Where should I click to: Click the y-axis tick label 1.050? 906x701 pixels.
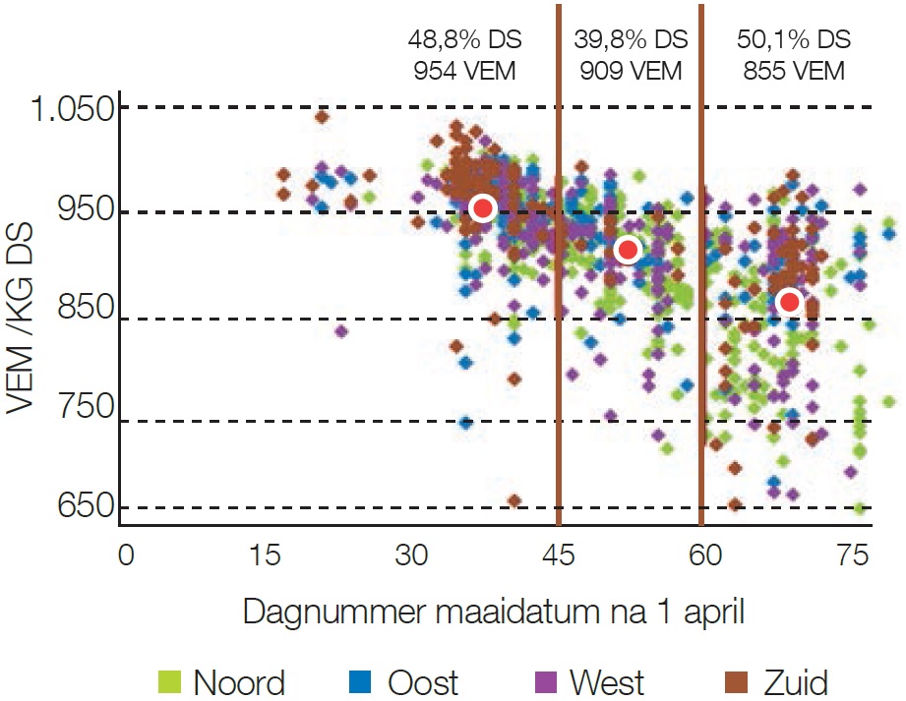[69, 107]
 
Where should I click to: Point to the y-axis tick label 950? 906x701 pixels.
[86, 211]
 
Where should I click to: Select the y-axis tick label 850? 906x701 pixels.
[86, 317]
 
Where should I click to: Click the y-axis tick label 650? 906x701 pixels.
[86, 507]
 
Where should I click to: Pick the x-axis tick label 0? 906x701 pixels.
[125, 555]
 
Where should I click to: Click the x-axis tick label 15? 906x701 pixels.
[268, 555]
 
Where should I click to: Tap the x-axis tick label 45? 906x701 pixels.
[558, 555]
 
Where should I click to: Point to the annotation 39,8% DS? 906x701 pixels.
[631, 40]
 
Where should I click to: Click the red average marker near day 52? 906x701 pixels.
[628, 251]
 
